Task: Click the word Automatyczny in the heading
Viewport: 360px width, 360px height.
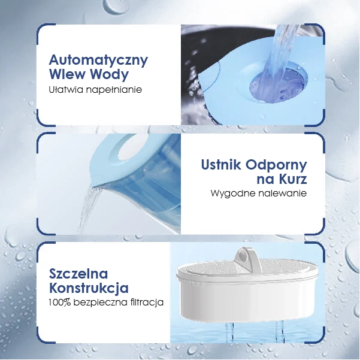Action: tap(98, 60)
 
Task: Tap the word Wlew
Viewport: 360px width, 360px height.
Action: tap(67, 74)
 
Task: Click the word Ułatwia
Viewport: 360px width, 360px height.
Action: tap(66, 89)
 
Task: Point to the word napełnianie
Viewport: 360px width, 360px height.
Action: tap(114, 90)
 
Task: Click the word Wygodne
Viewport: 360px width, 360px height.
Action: tap(233, 193)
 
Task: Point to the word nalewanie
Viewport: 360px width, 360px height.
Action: tap(283, 193)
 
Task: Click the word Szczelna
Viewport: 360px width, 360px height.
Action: tap(78, 273)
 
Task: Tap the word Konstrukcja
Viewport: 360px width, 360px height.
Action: tap(89, 288)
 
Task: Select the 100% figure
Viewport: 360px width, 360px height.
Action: tap(59, 302)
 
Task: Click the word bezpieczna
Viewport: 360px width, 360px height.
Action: tap(100, 302)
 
